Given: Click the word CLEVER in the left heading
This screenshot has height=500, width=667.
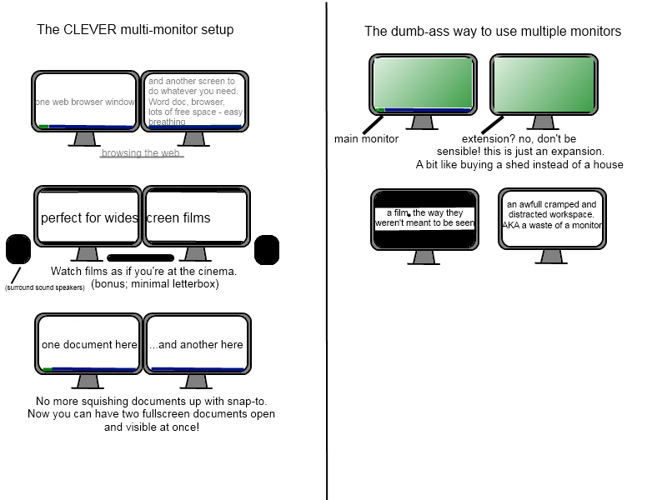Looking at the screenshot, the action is (x=90, y=30).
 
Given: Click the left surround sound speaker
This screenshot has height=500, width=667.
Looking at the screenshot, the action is (x=18, y=249).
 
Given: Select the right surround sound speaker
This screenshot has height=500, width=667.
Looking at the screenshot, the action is (x=267, y=250).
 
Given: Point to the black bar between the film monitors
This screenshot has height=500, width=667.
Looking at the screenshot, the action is (x=140, y=257).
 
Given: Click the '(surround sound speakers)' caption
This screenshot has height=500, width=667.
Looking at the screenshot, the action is (x=45, y=287).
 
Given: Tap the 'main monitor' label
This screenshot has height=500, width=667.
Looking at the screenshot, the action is (x=366, y=139).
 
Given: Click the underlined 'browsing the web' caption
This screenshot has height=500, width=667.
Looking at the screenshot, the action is (x=141, y=152).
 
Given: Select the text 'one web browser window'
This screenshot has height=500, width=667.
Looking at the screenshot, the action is (x=85, y=102).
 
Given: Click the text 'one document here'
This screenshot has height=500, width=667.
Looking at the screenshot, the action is (x=89, y=345).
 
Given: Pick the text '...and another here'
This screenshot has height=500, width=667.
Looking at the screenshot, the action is (x=196, y=345).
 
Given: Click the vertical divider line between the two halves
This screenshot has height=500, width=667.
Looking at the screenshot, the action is (x=327, y=251).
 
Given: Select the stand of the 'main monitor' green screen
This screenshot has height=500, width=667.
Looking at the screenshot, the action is (x=423, y=122).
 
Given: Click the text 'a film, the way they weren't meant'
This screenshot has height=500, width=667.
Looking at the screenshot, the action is (x=424, y=217).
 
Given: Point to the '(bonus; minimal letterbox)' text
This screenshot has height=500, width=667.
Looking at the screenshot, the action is (x=155, y=284).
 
